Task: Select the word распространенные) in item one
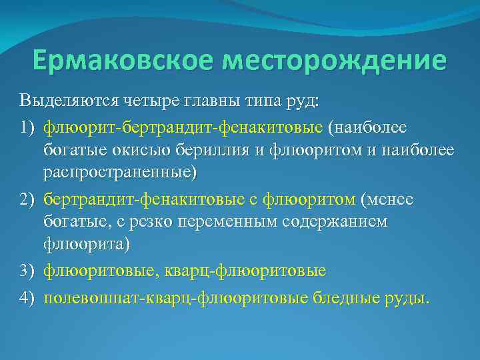121,173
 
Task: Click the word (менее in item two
387,199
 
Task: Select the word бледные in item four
347,297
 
